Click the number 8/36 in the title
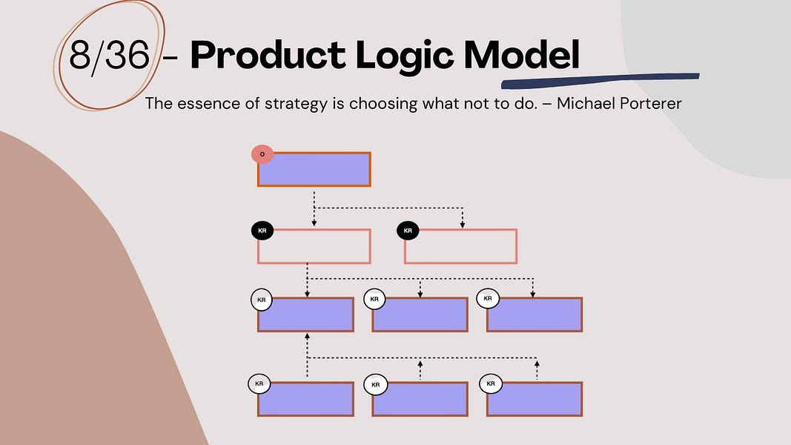(109, 56)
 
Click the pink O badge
(262, 154)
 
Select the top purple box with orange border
(314, 169)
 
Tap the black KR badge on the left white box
(262, 231)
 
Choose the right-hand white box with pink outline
(460, 246)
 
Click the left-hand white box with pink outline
(314, 246)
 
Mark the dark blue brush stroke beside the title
(600, 78)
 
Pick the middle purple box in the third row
(420, 314)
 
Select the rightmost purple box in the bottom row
(534, 399)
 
